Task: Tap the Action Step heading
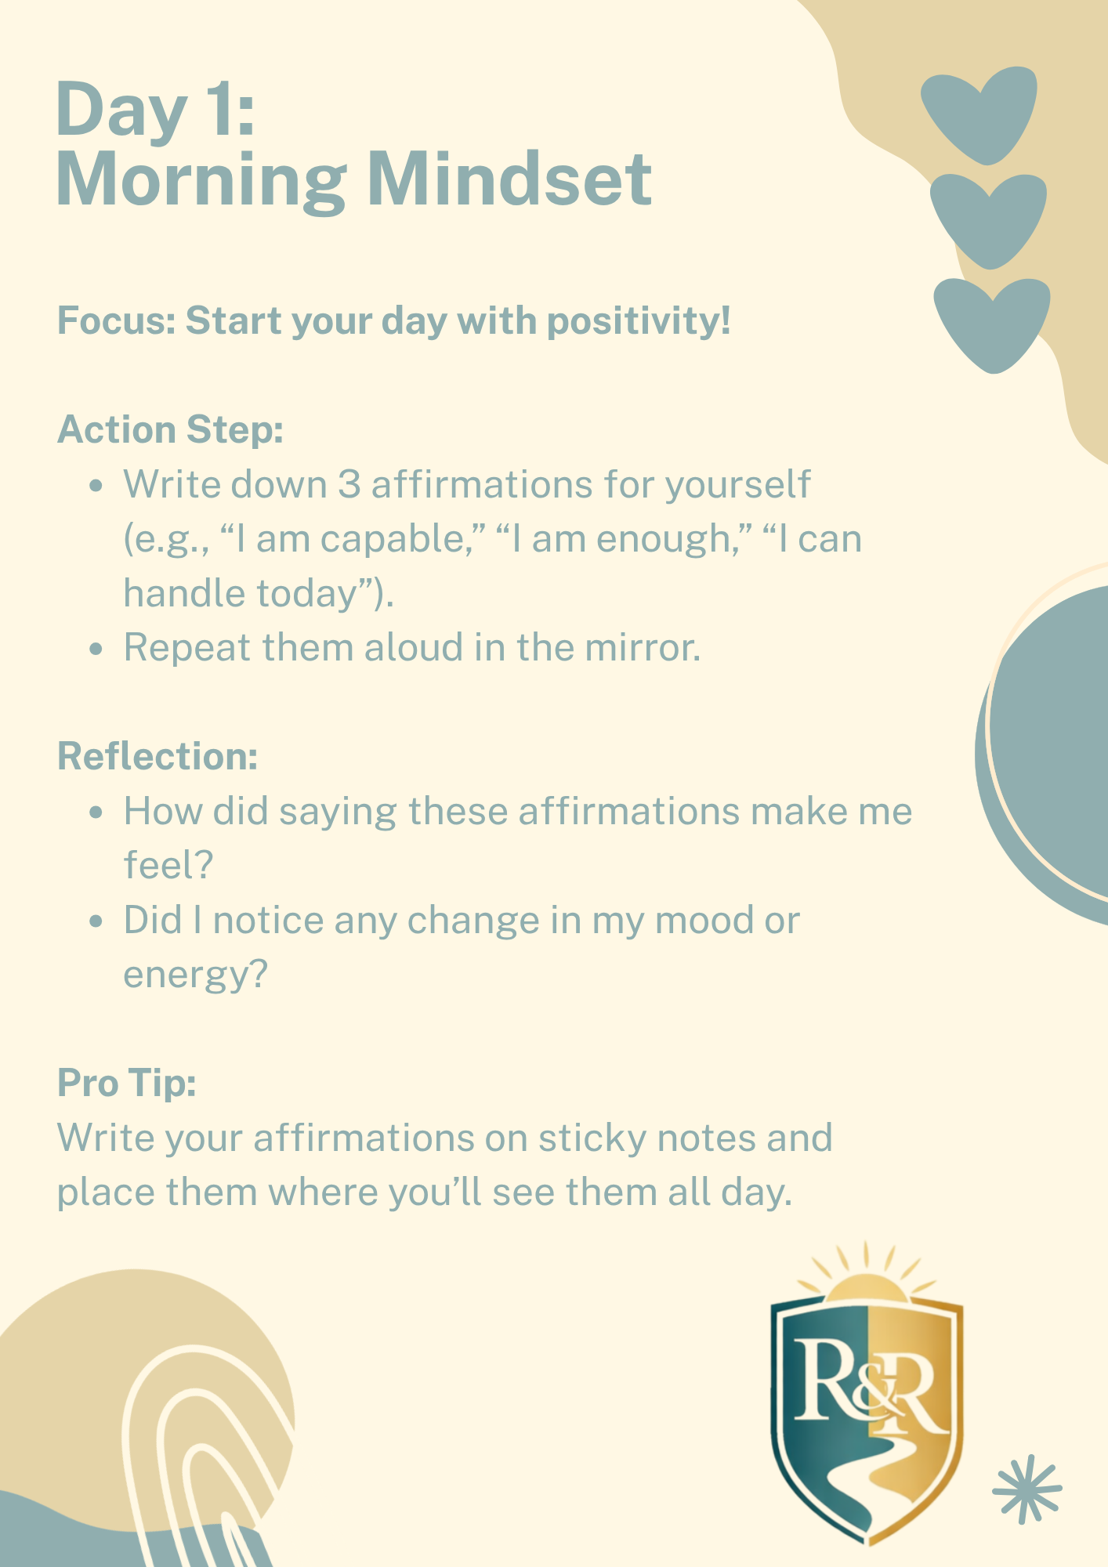(x=170, y=430)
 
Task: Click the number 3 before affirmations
(x=349, y=484)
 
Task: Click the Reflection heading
(x=158, y=757)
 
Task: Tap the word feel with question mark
(x=168, y=866)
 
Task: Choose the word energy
(x=196, y=975)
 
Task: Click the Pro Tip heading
(x=126, y=1084)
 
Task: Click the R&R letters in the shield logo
(x=867, y=1387)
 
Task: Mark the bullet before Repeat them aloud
(x=96, y=649)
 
